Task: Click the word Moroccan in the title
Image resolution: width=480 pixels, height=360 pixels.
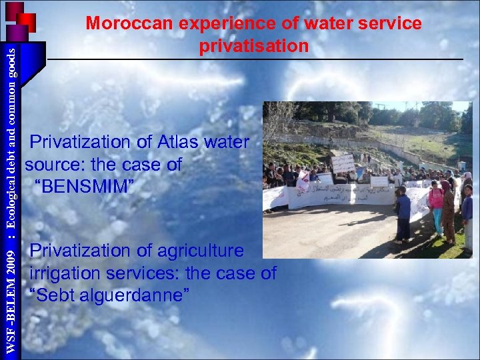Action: [128, 23]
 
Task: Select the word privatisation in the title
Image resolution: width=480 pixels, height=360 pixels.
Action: [254, 46]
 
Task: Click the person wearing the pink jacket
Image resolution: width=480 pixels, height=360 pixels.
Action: [436, 207]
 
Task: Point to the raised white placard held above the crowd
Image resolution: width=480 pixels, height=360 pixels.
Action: [343, 163]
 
